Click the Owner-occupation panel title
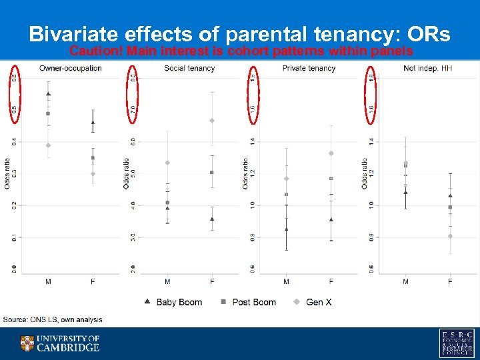point(71,69)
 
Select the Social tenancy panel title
point(189,69)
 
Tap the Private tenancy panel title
point(309,69)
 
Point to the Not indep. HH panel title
point(427,69)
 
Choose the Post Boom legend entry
point(247,302)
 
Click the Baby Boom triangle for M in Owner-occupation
point(48,94)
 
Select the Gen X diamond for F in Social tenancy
point(212,121)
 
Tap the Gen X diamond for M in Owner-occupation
point(48,145)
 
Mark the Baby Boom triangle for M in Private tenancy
point(287,229)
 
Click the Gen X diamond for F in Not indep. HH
point(450,236)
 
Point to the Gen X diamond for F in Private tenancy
point(331,153)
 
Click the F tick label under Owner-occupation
point(93,282)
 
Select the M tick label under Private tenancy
point(287,282)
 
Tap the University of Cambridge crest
point(27,343)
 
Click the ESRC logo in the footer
point(456,343)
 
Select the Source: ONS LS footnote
point(53,320)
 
